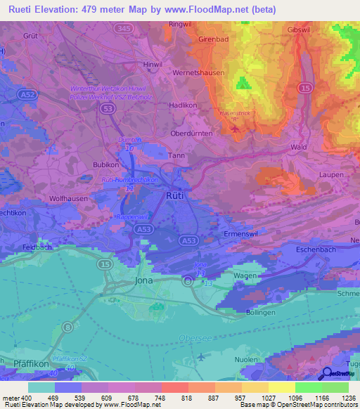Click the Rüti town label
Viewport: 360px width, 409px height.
pos(175,195)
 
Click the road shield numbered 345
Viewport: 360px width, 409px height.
pos(124,27)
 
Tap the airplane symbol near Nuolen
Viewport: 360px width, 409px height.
pos(202,356)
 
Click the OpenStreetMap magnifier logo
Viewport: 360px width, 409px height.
pos(326,374)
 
